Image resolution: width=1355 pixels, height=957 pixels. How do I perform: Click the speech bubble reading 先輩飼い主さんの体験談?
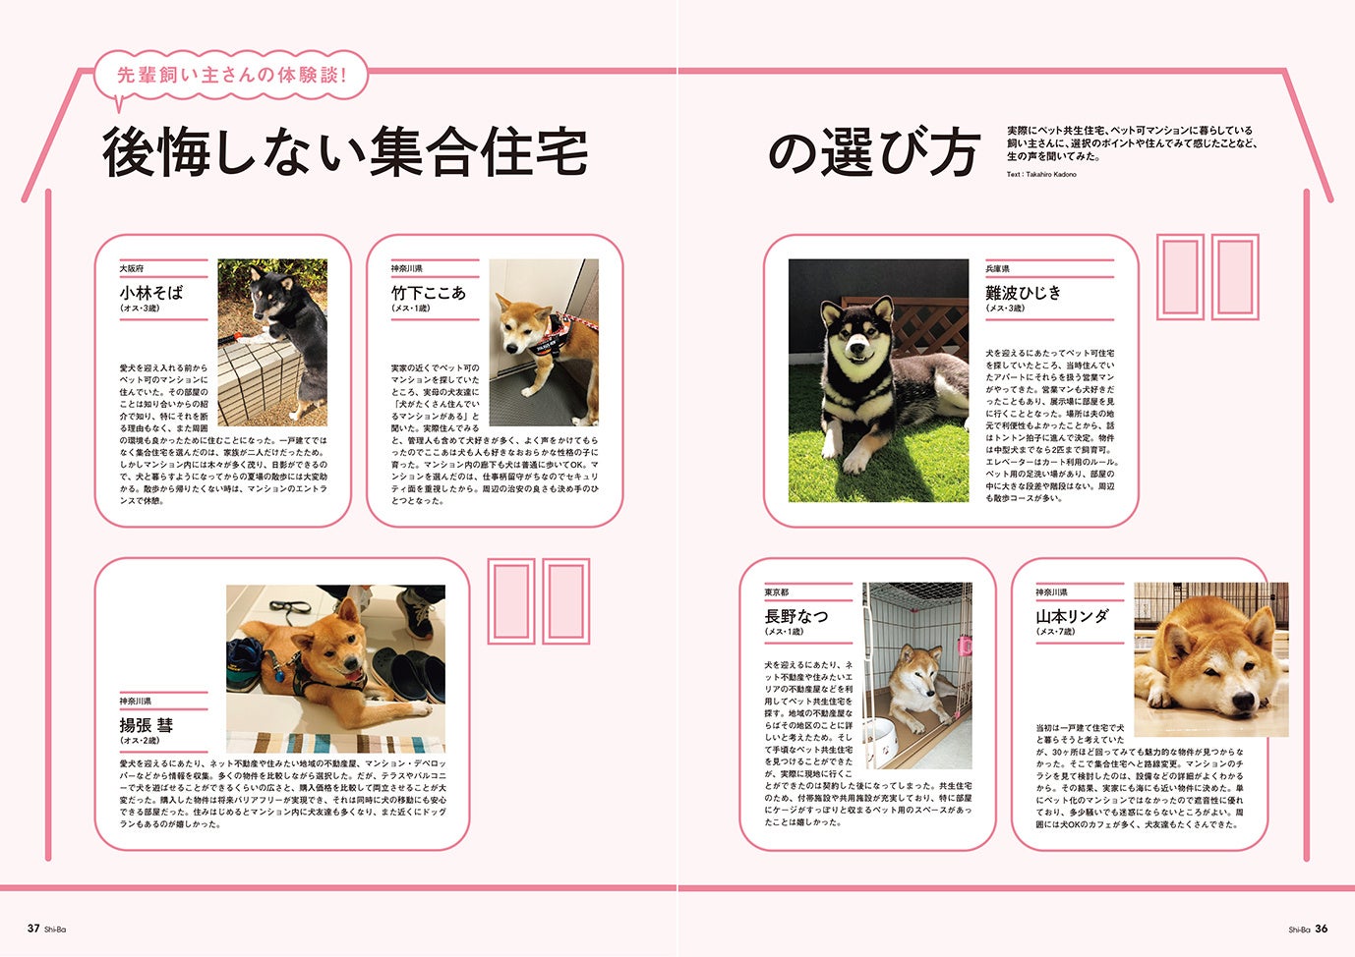[232, 75]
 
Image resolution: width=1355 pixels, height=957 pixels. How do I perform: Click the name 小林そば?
[151, 292]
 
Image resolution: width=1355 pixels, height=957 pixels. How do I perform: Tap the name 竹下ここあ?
[428, 292]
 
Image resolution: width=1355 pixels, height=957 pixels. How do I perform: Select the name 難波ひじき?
[1024, 292]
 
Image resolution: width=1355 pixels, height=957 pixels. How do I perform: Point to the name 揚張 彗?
[147, 724]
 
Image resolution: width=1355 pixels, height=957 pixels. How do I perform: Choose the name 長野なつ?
[796, 616]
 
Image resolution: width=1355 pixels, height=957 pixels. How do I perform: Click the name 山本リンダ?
[1072, 616]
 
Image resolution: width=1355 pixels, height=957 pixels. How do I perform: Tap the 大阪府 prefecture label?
[132, 268]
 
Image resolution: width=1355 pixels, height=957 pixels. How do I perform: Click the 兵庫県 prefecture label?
[998, 268]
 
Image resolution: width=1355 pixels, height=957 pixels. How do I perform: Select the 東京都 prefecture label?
[777, 592]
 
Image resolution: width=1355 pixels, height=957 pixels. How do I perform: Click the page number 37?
[33, 928]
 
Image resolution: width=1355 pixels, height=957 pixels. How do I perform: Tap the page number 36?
[1322, 928]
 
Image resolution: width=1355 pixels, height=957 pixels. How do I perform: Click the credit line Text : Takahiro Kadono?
[1041, 175]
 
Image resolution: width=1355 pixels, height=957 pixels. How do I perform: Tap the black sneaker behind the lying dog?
[417, 613]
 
